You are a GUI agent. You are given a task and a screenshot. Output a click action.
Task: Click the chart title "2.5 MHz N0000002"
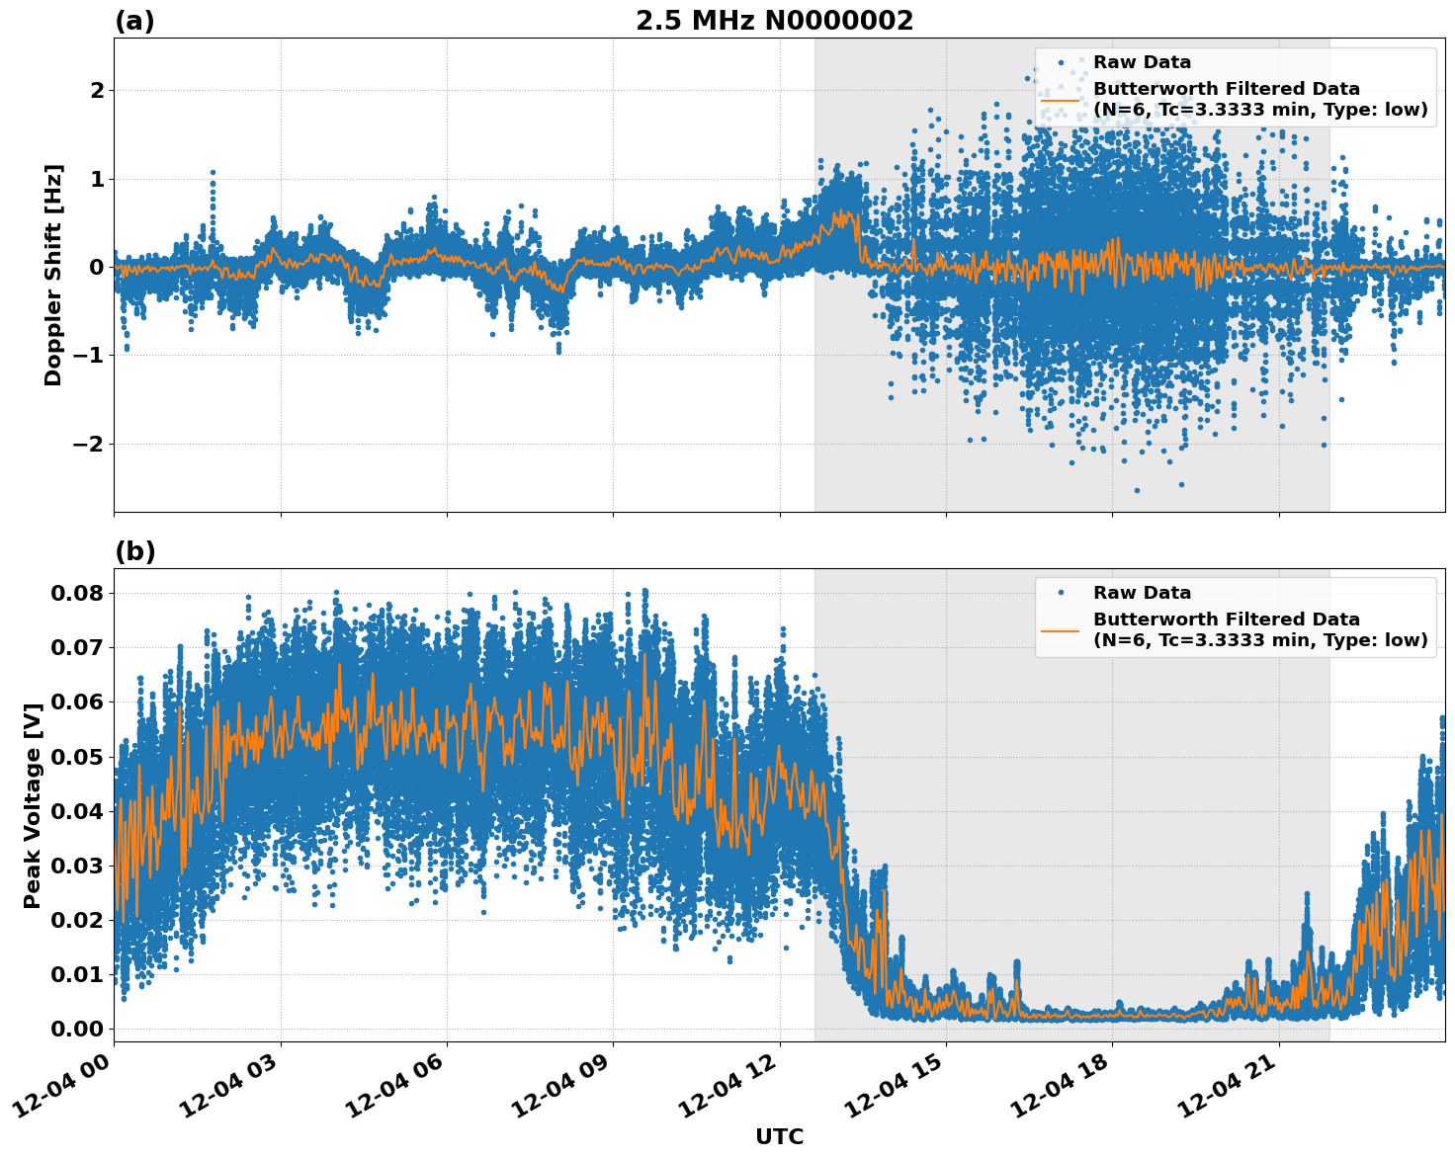pos(774,21)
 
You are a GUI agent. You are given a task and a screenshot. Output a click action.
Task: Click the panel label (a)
pos(134,21)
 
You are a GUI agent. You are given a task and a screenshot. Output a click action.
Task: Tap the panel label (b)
pos(134,551)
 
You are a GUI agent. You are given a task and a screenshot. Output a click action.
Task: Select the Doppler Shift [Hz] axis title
pos(53,275)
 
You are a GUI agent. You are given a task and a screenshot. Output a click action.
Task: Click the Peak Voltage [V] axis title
pos(33,805)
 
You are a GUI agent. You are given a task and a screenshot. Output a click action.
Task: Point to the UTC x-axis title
pos(779,1136)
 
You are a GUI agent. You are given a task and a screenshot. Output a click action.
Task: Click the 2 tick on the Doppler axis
pos(97,91)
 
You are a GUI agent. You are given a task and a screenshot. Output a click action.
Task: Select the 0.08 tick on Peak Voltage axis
pos(76,593)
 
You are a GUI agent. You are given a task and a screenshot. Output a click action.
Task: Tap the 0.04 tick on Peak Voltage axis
pos(76,811)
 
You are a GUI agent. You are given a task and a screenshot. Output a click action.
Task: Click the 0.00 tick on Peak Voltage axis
pos(76,1029)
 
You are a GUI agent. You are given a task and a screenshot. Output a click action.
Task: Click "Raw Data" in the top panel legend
pos(1142,62)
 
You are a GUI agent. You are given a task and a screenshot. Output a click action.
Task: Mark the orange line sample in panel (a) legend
pos(1061,99)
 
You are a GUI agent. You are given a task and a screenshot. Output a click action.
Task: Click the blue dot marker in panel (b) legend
pos(1061,593)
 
